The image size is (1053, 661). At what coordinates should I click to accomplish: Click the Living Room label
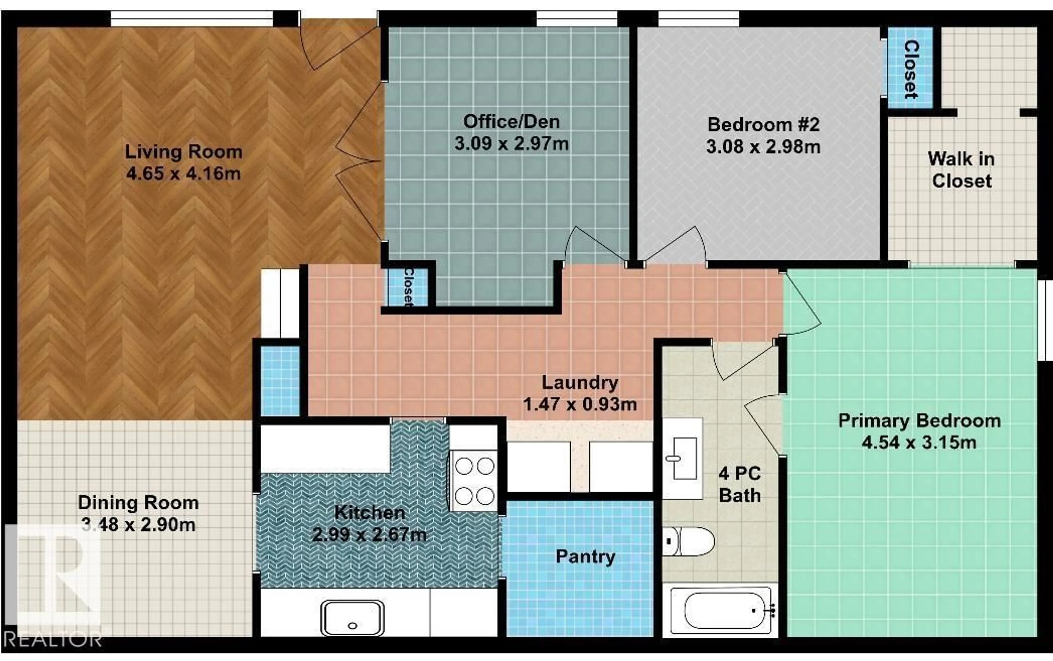pos(183,152)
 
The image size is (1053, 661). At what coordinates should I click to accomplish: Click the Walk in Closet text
pos(961,170)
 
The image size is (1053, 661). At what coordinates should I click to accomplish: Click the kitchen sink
pos(352,617)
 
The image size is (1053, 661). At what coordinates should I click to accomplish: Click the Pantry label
pos(585,556)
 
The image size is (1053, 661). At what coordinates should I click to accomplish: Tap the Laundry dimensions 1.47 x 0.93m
pos(580,404)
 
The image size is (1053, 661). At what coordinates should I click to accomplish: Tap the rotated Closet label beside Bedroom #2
pos(911,69)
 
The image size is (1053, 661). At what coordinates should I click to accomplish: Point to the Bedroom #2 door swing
pos(675,245)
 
